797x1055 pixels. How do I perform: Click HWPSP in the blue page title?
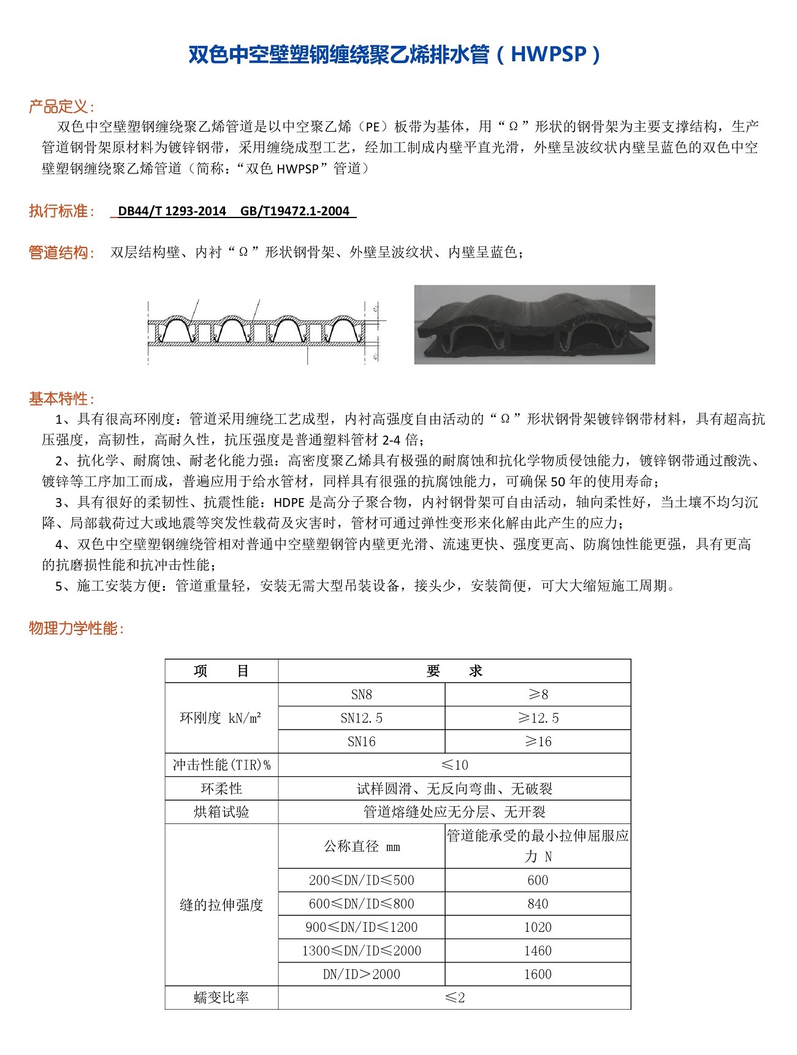point(549,55)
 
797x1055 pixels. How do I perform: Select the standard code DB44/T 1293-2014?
point(172,211)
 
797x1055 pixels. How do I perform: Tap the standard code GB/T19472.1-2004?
point(295,211)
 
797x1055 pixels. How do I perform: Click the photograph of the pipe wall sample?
point(535,325)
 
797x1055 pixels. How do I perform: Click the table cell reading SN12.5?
point(362,718)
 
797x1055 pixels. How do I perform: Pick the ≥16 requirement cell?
point(538,741)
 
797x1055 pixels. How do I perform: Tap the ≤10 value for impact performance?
point(454,765)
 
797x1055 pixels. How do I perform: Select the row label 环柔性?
point(221,788)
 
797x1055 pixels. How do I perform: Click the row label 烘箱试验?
point(221,812)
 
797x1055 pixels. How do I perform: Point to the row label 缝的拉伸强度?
point(221,905)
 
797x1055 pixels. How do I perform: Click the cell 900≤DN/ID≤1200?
point(362,928)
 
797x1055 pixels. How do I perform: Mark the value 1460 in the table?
point(538,951)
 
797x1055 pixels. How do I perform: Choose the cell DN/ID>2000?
point(362,974)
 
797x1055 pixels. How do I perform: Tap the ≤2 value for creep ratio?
point(454,997)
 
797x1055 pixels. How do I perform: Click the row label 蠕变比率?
point(221,997)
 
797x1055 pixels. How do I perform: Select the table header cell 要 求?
point(454,671)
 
